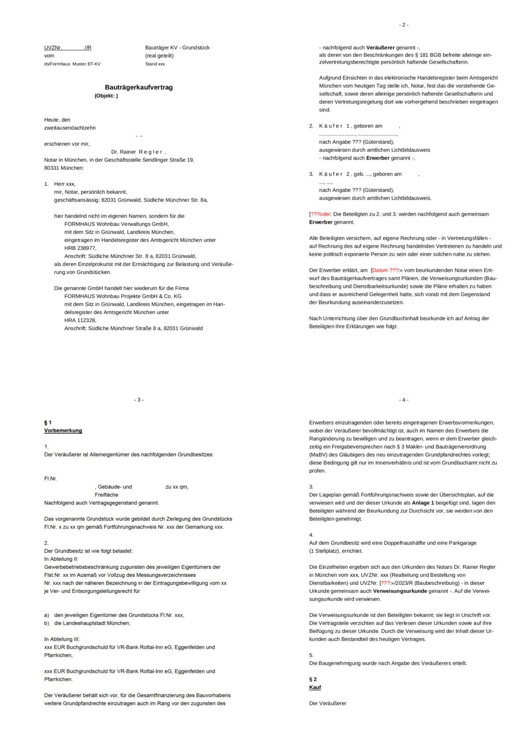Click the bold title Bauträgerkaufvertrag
click(139, 87)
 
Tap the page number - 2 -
click(403, 25)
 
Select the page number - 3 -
click(139, 400)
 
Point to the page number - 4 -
click(403, 400)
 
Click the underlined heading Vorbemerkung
click(63, 431)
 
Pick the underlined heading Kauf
click(315, 687)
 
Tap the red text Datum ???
click(385, 270)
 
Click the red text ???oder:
click(321, 214)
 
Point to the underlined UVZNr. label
click(53, 48)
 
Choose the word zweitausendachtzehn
click(70, 128)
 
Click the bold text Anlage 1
click(423, 503)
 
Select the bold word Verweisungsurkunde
click(400, 591)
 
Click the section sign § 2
click(313, 679)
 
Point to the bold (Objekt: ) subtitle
click(106, 96)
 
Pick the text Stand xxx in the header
click(155, 64)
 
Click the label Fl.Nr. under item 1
click(51, 479)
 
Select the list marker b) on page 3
click(46, 623)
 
